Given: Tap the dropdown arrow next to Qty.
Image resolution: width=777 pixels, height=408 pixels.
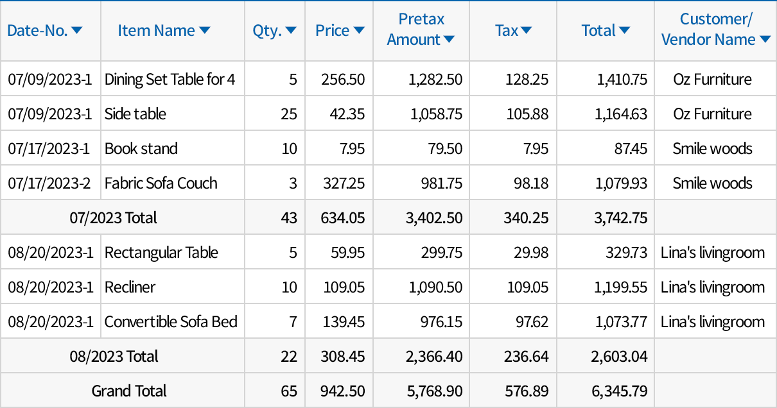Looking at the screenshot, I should (291, 30).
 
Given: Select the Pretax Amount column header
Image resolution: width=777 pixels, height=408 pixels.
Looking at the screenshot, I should (421, 30).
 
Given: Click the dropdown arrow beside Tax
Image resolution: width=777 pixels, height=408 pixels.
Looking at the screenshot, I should (526, 30).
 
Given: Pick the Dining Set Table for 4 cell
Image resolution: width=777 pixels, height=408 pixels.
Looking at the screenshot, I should (170, 79).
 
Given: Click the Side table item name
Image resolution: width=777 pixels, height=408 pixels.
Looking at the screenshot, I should (135, 114).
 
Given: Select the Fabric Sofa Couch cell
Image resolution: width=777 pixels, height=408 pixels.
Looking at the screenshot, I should (161, 183).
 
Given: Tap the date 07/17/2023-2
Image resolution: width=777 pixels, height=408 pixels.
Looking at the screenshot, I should (49, 183).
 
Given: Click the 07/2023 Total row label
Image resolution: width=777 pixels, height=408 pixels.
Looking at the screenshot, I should (113, 217).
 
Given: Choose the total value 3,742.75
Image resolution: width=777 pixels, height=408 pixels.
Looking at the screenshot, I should (621, 217).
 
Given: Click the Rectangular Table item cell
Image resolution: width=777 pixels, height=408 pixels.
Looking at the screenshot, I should (161, 252).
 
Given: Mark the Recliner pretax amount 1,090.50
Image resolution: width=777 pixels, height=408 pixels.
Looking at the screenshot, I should (435, 287).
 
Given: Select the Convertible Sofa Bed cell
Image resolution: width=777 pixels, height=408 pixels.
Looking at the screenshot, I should (171, 321).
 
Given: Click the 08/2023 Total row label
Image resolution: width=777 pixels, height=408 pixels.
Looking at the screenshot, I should (114, 356).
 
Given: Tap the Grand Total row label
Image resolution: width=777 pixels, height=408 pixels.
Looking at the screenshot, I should (129, 391).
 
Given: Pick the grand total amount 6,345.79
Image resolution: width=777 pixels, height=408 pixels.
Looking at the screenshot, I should (620, 391).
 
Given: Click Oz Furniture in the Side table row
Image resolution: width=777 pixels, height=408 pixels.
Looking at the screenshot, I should (712, 114).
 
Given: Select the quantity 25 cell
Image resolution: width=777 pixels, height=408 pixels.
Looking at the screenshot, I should (289, 114).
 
